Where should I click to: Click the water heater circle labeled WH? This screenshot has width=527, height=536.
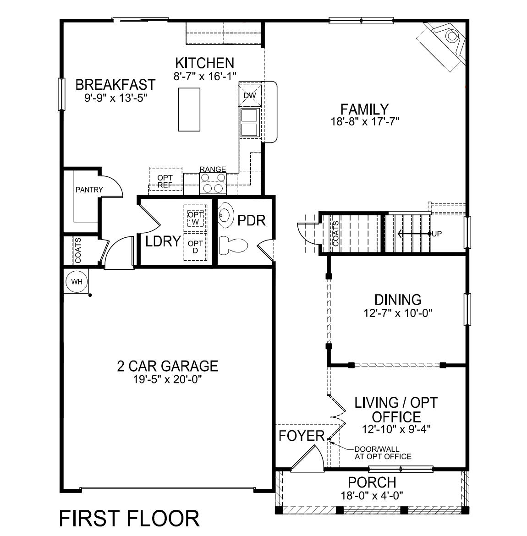(77, 281)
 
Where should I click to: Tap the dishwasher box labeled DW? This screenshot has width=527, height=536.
(249, 95)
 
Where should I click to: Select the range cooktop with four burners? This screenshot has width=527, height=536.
(213, 183)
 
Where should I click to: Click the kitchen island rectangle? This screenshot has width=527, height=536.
(189, 109)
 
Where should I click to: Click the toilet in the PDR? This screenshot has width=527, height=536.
(232, 246)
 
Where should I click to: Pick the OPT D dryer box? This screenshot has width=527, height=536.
(195, 247)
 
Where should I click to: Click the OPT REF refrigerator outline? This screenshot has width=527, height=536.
(165, 180)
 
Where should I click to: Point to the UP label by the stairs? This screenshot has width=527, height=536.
(437, 234)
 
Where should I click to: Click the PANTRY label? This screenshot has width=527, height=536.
(89, 190)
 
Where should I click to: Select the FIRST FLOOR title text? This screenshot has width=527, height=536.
(129, 518)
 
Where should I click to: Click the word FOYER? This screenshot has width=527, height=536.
(302, 436)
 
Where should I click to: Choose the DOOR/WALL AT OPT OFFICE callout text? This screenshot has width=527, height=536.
(383, 453)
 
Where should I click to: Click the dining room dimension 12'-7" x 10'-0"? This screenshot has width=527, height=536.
(398, 313)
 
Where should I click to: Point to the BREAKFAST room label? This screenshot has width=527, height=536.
(115, 85)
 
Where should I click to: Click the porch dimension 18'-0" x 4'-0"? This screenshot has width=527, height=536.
(372, 495)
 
